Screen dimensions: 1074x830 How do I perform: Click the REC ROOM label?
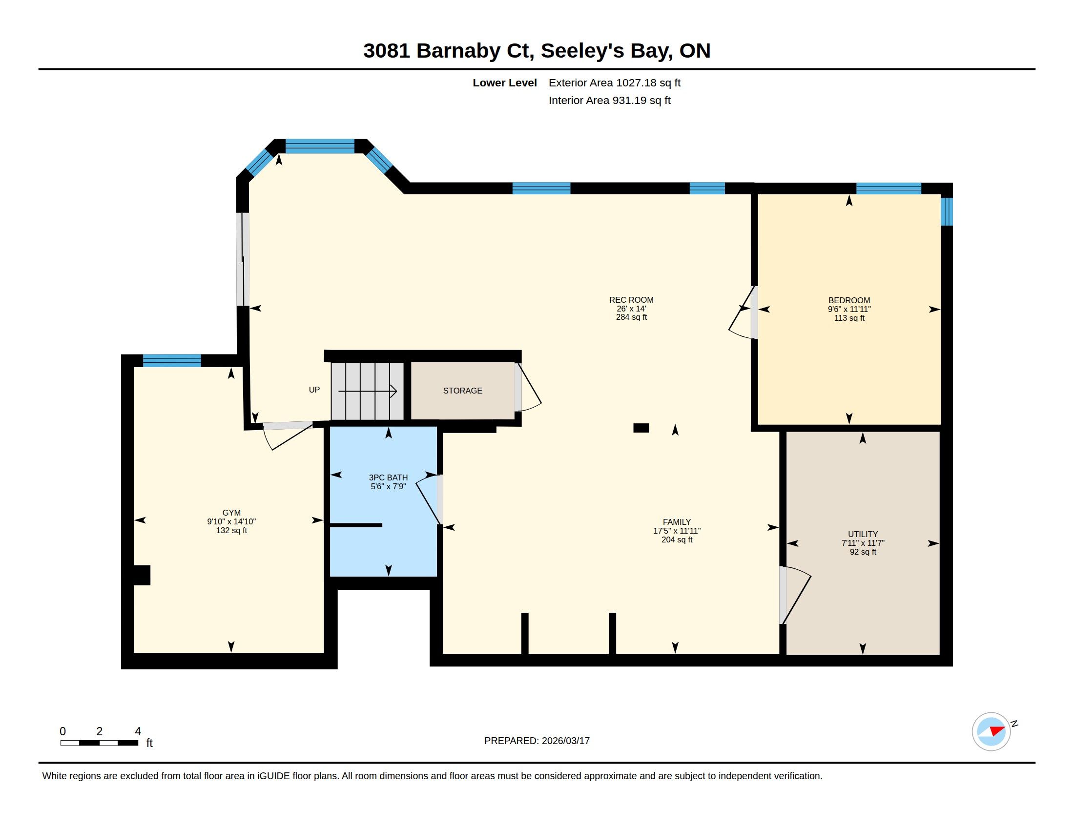pos(631,300)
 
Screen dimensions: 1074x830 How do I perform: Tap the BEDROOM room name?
pos(849,300)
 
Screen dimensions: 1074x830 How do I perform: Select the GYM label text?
pos(231,513)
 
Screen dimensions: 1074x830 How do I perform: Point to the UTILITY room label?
pos(863,534)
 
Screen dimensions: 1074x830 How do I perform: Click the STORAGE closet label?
pos(462,391)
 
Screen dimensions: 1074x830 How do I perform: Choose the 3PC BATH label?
pos(388,477)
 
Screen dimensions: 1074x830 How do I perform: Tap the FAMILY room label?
pos(677,522)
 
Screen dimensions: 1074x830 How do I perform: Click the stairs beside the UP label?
pos(367,392)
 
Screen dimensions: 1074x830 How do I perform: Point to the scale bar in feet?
pos(99,743)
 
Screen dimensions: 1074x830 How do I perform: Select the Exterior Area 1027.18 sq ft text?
pos(614,83)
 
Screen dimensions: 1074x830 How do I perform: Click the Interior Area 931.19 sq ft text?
pos(609,100)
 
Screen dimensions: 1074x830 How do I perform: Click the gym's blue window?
pos(172,360)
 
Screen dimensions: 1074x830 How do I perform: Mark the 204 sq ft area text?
pos(677,540)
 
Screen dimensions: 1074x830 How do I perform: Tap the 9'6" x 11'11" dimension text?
pos(849,309)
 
